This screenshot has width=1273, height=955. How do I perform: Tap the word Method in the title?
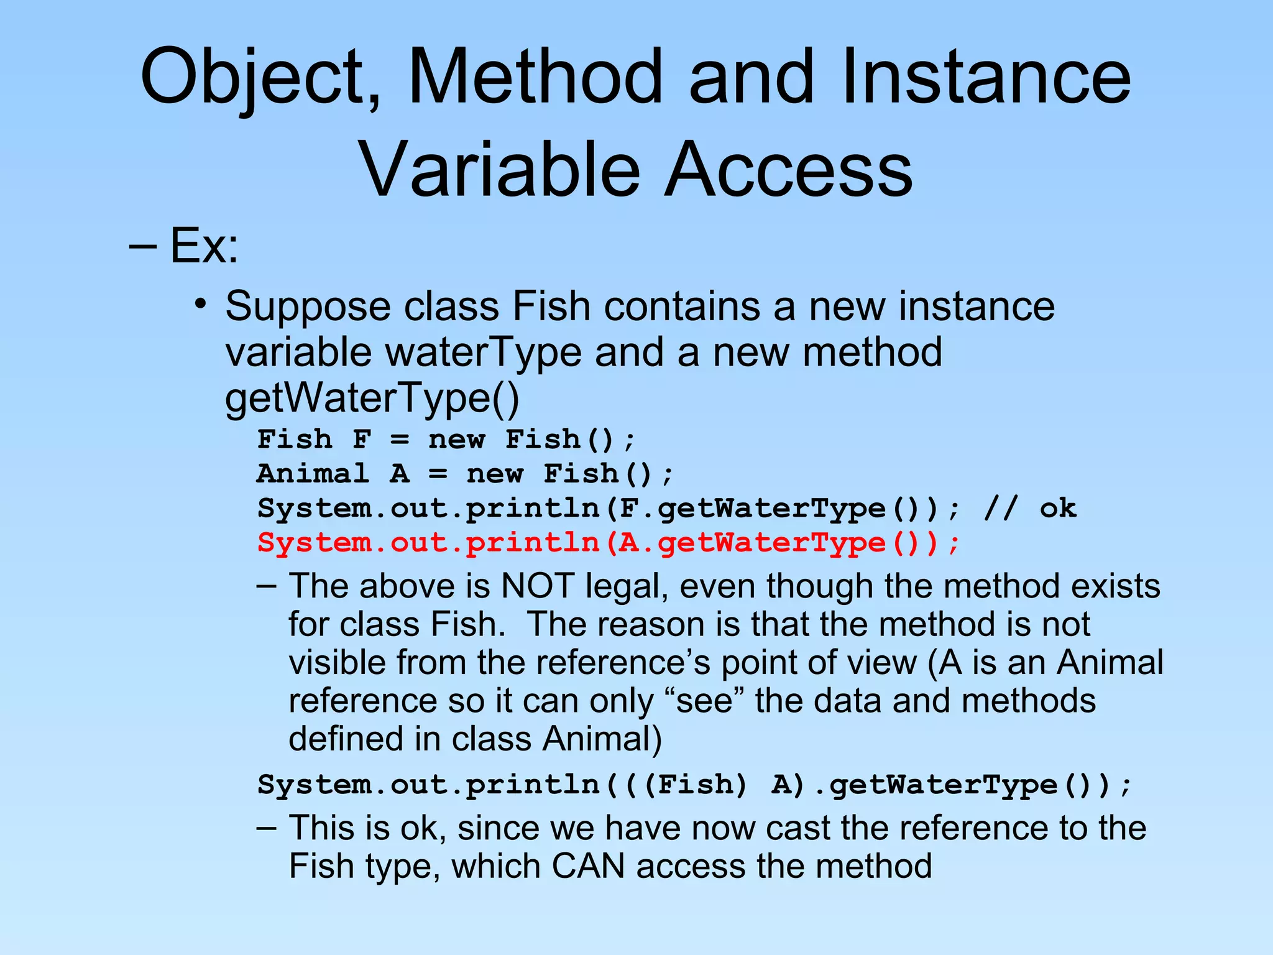535,76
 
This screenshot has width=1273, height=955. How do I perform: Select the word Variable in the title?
500,170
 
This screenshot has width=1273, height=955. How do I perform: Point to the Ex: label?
204,246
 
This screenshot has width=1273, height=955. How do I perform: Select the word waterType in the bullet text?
484,353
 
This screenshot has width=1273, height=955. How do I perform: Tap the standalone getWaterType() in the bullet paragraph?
372,398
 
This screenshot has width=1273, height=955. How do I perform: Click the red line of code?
609,543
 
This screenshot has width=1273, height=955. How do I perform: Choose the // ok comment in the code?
1030,509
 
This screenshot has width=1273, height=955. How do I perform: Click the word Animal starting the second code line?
313,474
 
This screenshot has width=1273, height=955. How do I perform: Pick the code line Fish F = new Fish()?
446,440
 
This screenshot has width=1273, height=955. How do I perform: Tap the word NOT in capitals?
537,586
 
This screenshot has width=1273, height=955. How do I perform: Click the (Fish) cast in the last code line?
695,785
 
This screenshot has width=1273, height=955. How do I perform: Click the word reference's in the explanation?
623,662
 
